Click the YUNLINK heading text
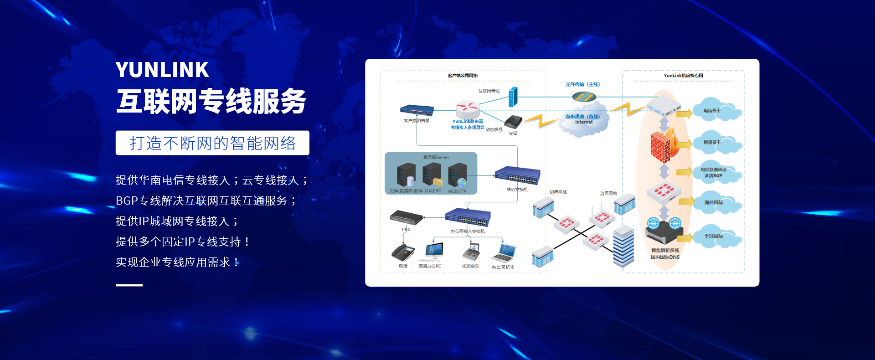[x=162, y=70]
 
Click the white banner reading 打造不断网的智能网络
[x=212, y=143]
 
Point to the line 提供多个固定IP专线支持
[x=182, y=242]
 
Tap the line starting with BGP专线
[x=206, y=201]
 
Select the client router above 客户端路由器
[x=417, y=110]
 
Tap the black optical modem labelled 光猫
[x=513, y=122]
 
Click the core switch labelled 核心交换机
[x=517, y=175]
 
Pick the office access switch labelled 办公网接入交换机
[x=468, y=217]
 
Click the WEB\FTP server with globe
[x=457, y=175]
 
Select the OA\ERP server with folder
[x=432, y=175]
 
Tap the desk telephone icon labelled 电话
[x=403, y=252]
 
